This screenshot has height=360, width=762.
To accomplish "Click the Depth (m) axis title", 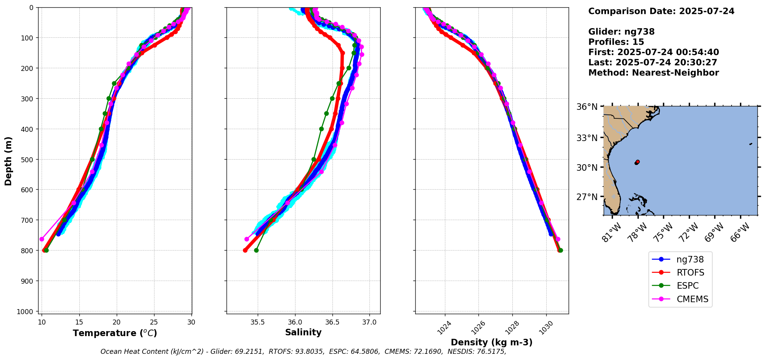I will pyautogui.click(x=8, y=161).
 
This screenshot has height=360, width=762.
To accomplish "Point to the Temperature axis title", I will pyautogui.click(x=115, y=333).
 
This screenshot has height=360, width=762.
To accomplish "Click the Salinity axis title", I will pyautogui.click(x=303, y=332).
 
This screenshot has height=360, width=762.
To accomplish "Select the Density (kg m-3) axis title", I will pyautogui.click(x=492, y=342).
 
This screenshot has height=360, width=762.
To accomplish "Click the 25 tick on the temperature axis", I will pyautogui.click(x=154, y=322).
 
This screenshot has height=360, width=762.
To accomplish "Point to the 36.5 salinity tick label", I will pyautogui.click(x=332, y=322).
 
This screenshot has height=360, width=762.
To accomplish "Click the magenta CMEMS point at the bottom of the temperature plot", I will pyautogui.click(x=42, y=239).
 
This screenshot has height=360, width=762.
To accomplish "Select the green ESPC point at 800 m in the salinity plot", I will pyautogui.click(x=256, y=250).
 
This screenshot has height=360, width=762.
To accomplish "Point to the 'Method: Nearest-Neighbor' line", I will pyautogui.click(x=653, y=72).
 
